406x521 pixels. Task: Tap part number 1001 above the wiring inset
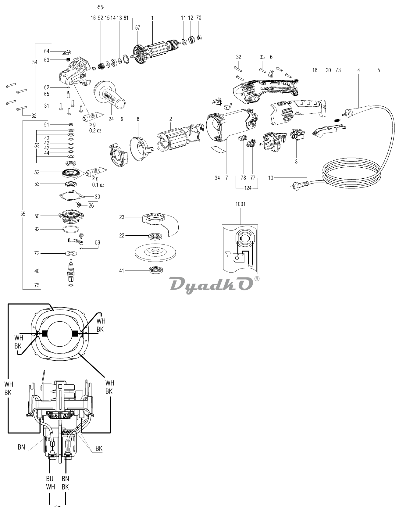point(240,204)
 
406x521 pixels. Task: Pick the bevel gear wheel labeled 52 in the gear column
point(71,174)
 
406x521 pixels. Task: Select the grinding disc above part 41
point(156,252)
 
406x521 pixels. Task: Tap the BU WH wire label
point(50,483)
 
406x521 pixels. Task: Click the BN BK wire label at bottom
point(65,483)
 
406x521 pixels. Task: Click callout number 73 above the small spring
point(338,70)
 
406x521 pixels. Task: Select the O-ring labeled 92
point(72,229)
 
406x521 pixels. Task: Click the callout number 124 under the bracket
point(248,188)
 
